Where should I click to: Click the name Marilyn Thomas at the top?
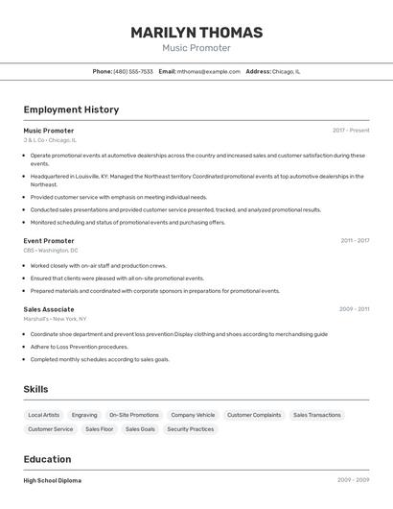click(196, 32)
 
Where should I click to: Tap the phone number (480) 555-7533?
click(133, 71)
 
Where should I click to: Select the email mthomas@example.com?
click(208, 71)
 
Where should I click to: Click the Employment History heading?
click(71, 109)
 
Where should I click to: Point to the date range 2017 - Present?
click(351, 131)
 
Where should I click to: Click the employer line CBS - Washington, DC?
click(51, 251)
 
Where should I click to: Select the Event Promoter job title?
click(49, 241)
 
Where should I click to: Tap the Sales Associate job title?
click(49, 309)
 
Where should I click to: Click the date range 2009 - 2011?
click(354, 309)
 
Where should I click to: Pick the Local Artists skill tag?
click(44, 415)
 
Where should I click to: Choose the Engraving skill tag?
click(84, 415)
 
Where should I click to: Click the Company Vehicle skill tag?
click(193, 415)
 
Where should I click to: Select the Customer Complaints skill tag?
click(254, 415)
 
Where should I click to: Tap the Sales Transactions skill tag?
click(317, 415)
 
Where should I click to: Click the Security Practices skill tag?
click(191, 429)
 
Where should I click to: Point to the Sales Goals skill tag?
click(140, 429)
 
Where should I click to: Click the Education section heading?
click(47, 459)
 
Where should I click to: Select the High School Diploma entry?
click(53, 480)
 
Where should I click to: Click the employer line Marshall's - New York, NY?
click(55, 319)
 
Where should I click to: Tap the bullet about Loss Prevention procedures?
click(79, 347)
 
